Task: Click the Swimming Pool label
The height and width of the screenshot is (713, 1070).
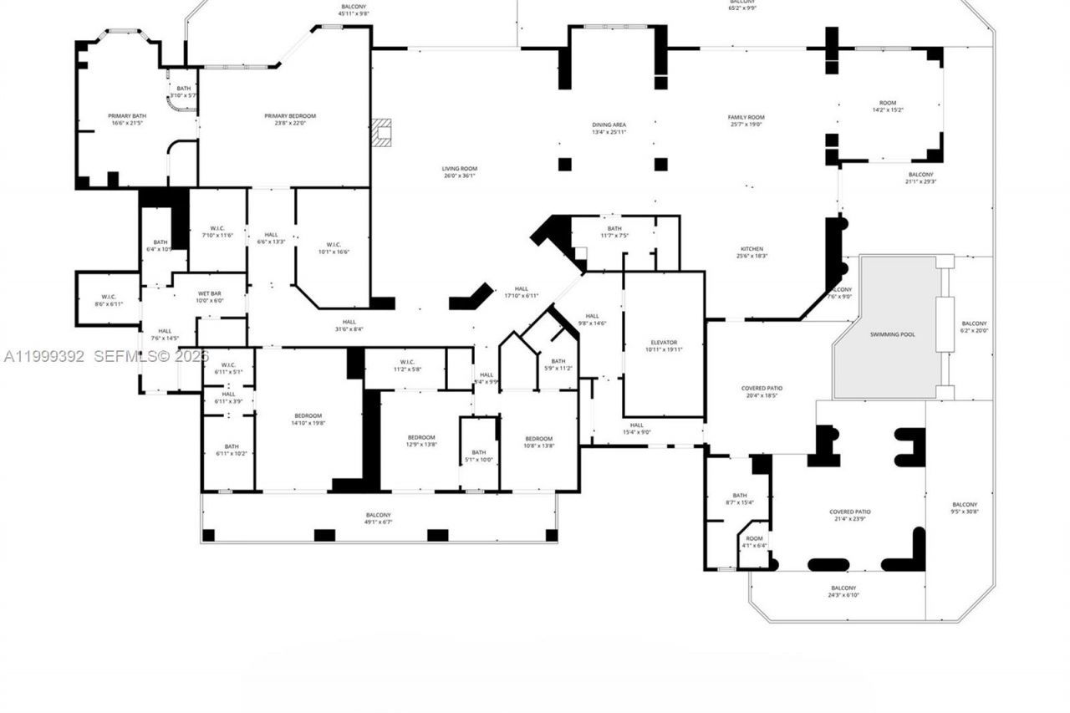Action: tap(892, 334)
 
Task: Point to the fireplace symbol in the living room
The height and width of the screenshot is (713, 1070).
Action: tap(382, 132)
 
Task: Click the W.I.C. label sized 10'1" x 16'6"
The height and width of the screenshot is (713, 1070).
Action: tap(332, 248)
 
